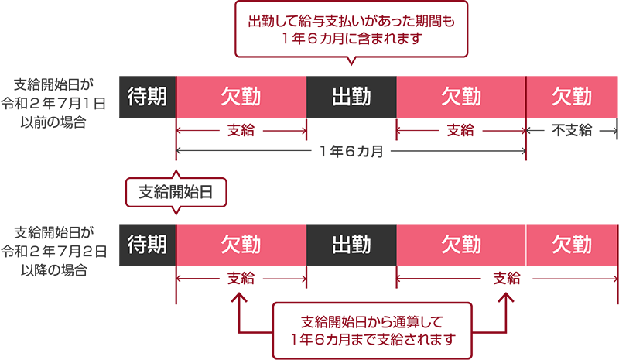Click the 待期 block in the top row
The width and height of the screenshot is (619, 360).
(147, 97)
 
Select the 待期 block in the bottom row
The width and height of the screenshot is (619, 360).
(147, 245)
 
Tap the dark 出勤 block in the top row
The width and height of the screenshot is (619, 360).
(351, 97)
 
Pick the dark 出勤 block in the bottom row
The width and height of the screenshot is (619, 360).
(351, 245)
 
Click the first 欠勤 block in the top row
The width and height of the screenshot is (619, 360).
(241, 97)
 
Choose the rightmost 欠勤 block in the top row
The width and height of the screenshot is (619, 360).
(572, 97)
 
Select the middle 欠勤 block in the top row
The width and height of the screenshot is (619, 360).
(461, 97)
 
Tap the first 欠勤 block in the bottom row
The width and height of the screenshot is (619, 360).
(241, 245)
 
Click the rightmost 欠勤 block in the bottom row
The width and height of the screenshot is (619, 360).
(572, 245)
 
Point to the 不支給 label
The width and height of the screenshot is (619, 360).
(572, 131)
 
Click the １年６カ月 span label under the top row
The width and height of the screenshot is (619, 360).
(351, 151)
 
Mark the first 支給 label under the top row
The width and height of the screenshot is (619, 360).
(241, 131)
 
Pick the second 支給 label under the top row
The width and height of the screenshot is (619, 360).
(461, 131)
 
